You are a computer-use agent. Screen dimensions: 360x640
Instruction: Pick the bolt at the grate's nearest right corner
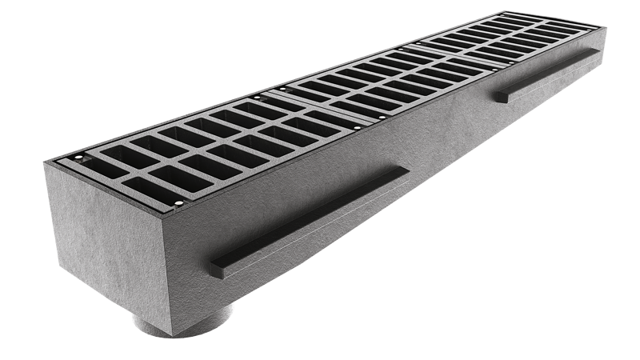[178, 209]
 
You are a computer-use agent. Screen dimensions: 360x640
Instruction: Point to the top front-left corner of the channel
[45, 163]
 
